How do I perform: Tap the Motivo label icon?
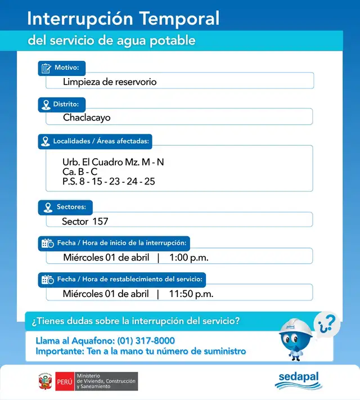tap(46, 69)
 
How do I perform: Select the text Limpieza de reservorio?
tap(110, 82)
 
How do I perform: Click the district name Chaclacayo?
tap(87, 118)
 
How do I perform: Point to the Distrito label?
tap(69, 105)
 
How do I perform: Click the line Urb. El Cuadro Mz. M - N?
tap(113, 162)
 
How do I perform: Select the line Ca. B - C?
tap(80, 172)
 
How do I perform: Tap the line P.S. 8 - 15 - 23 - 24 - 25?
tap(109, 181)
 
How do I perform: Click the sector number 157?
tap(100, 221)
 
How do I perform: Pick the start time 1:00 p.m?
tap(189, 258)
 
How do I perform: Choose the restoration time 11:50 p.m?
tap(191, 294)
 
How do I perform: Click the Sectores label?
tap(71, 207)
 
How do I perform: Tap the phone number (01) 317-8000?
tap(146, 341)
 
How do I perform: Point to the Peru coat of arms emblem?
tap(45, 381)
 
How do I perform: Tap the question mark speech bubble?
tap(327, 323)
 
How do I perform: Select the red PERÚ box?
tap(64, 381)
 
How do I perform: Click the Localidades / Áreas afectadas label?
tap(101, 141)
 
